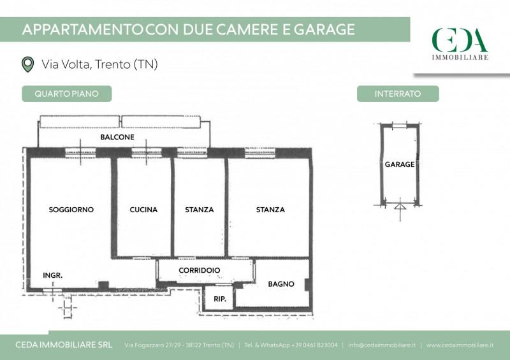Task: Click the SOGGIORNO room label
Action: point(71,210)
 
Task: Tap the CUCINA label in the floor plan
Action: point(143,210)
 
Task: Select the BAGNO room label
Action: point(281,284)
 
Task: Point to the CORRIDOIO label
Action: point(200,270)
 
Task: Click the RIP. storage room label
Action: point(220,299)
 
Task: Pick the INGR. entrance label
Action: point(53,275)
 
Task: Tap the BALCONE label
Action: point(117,137)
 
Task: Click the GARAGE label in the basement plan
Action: point(400,164)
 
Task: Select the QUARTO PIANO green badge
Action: point(67,94)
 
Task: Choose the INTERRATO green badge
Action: point(398,94)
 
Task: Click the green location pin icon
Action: point(27,64)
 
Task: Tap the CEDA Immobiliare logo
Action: point(460,44)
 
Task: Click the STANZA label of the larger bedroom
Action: point(270,210)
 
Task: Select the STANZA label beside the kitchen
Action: point(200,210)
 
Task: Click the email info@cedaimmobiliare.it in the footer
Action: point(381,345)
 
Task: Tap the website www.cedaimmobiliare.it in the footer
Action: point(460,345)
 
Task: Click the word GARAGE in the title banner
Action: point(324,29)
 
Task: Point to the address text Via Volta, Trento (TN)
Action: point(99,64)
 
